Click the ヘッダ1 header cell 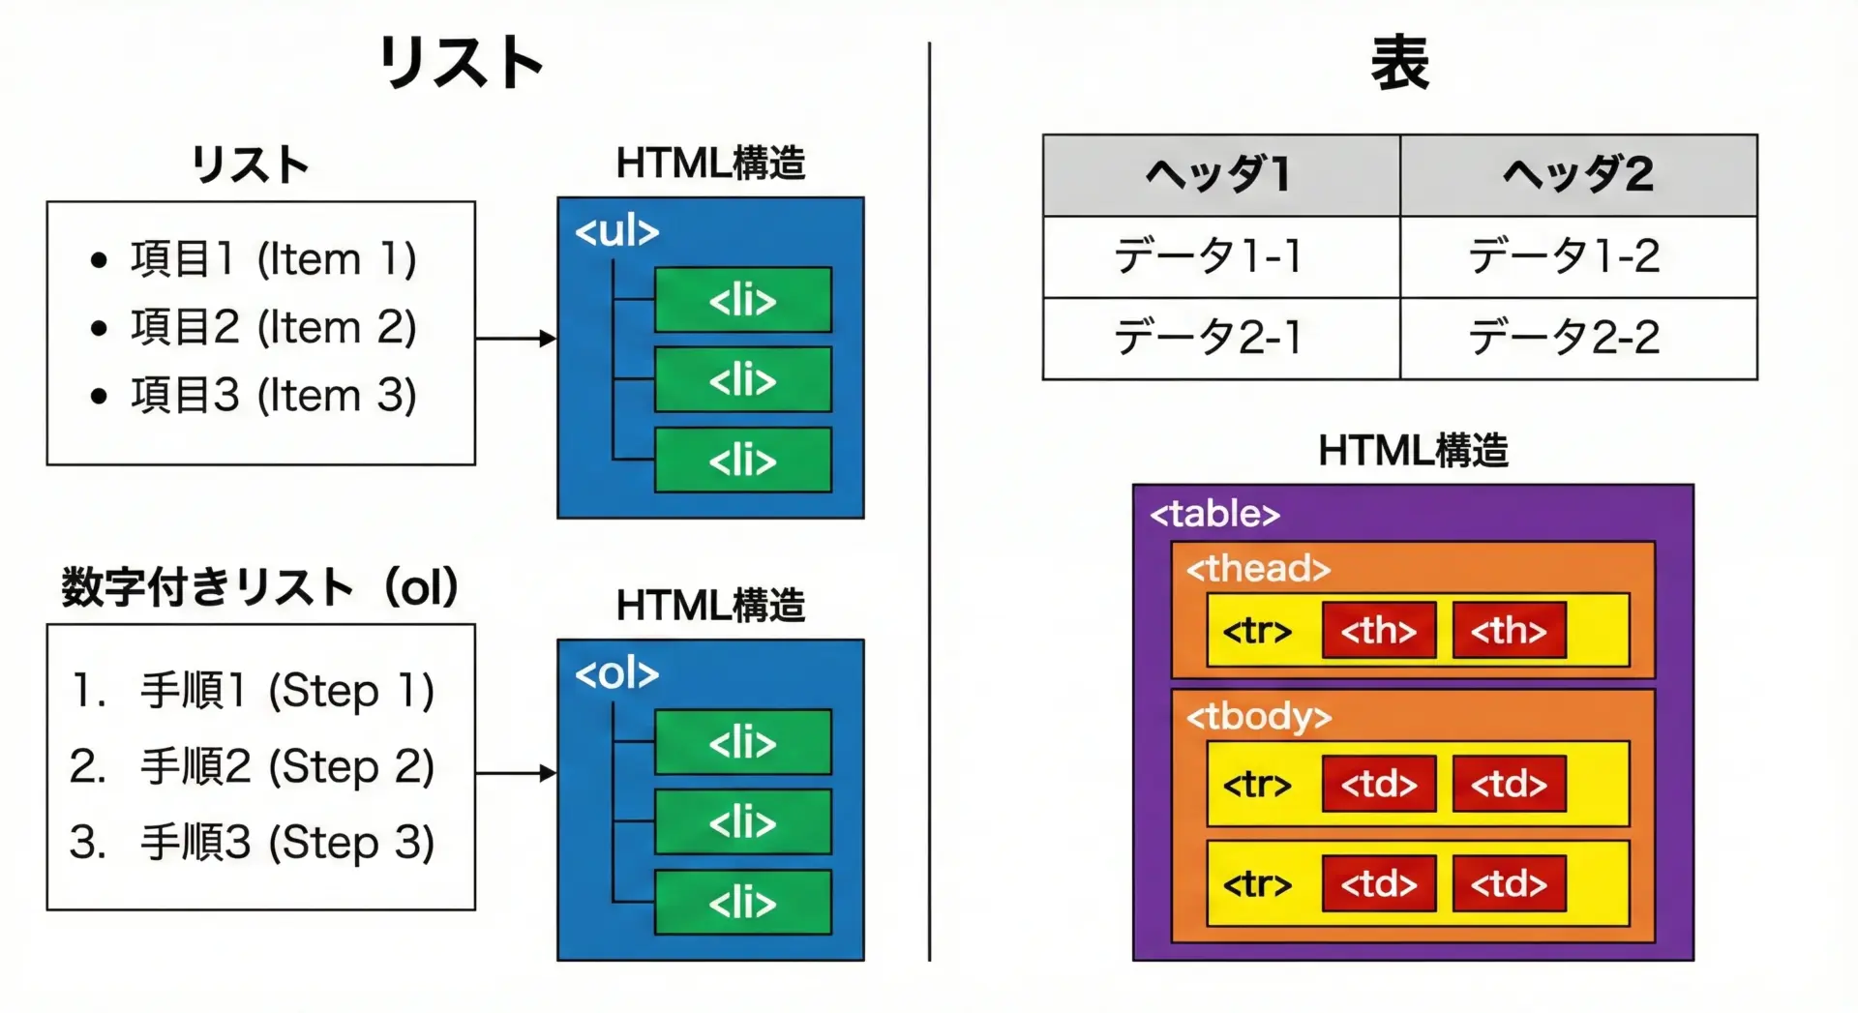click(1220, 175)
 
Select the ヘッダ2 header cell click(1578, 175)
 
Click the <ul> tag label click(616, 232)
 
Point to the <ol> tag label click(616, 674)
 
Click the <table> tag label click(1214, 514)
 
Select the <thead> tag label click(1258, 569)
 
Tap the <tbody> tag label click(1259, 717)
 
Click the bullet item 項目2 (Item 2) click(273, 327)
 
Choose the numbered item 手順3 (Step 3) click(286, 843)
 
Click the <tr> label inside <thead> click(1257, 631)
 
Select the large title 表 click(1399, 63)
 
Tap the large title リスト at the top click(461, 63)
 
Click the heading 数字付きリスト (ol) click(259, 587)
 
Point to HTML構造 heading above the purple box click(1413, 451)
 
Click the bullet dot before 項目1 click(98, 260)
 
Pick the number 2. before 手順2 click(87, 767)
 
